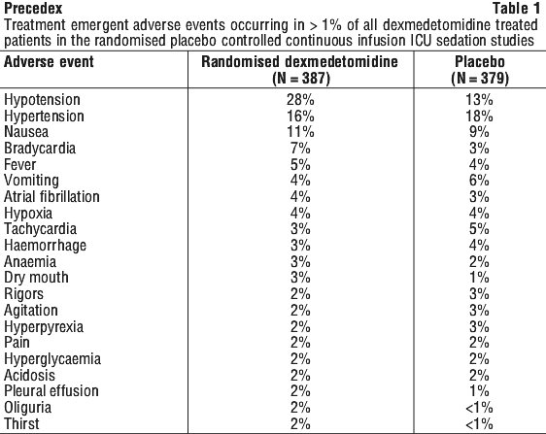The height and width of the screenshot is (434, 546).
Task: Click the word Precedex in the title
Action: (33, 8)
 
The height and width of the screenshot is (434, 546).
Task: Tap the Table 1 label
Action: (516, 9)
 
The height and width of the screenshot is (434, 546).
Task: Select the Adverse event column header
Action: (49, 62)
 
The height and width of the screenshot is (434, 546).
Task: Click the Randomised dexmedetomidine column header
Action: (300, 62)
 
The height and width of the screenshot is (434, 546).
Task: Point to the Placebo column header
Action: (480, 62)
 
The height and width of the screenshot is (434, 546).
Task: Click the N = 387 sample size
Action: (300, 78)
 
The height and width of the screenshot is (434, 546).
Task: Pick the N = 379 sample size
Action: (480, 78)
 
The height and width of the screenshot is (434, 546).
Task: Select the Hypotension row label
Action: (42, 100)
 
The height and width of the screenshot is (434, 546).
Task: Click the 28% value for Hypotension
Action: (300, 100)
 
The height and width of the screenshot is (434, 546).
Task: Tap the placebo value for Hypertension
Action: (479, 116)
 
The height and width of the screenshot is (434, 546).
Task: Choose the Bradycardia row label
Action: (40, 149)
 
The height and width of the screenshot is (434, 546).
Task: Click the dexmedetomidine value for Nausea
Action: (300, 132)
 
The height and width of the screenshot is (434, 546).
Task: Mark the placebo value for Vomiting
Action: (479, 181)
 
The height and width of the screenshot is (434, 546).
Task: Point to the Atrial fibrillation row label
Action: (51, 197)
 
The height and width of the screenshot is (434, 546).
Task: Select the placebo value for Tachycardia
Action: (479, 229)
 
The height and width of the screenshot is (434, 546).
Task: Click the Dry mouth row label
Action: (36, 278)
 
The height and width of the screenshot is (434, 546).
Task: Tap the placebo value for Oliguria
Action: (479, 408)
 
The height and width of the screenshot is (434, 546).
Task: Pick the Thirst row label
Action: (21, 423)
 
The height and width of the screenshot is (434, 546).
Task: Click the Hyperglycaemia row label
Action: (52, 359)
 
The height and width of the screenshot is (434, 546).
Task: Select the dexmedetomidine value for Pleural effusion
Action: (300, 391)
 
